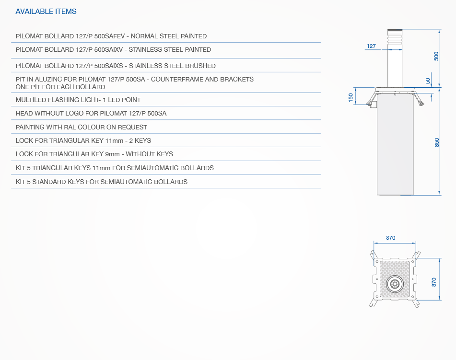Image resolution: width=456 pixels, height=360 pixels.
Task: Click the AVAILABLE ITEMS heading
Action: [x=46, y=12]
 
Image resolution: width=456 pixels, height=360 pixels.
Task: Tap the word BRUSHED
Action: [x=201, y=66]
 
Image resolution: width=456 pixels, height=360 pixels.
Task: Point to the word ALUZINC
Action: [x=48, y=79]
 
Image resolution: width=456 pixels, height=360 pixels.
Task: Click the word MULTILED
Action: [x=30, y=100]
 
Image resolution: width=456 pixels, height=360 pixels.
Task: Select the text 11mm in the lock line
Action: [x=114, y=140]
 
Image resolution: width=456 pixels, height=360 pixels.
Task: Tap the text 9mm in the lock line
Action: [x=112, y=154]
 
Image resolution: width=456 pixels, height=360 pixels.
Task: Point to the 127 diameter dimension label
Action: [x=371, y=46]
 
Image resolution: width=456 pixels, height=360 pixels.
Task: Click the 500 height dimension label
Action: [x=436, y=56]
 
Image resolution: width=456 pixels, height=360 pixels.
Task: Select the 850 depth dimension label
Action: [x=436, y=142]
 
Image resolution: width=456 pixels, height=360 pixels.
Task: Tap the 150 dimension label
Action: [x=351, y=97]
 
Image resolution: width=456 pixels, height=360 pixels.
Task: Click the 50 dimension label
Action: [x=428, y=81]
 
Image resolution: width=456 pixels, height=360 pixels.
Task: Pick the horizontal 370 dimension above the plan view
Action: [x=391, y=238]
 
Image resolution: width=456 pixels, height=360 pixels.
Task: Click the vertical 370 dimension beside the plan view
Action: [x=434, y=282]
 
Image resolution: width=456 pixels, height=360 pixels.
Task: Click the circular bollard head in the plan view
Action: [x=395, y=284]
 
